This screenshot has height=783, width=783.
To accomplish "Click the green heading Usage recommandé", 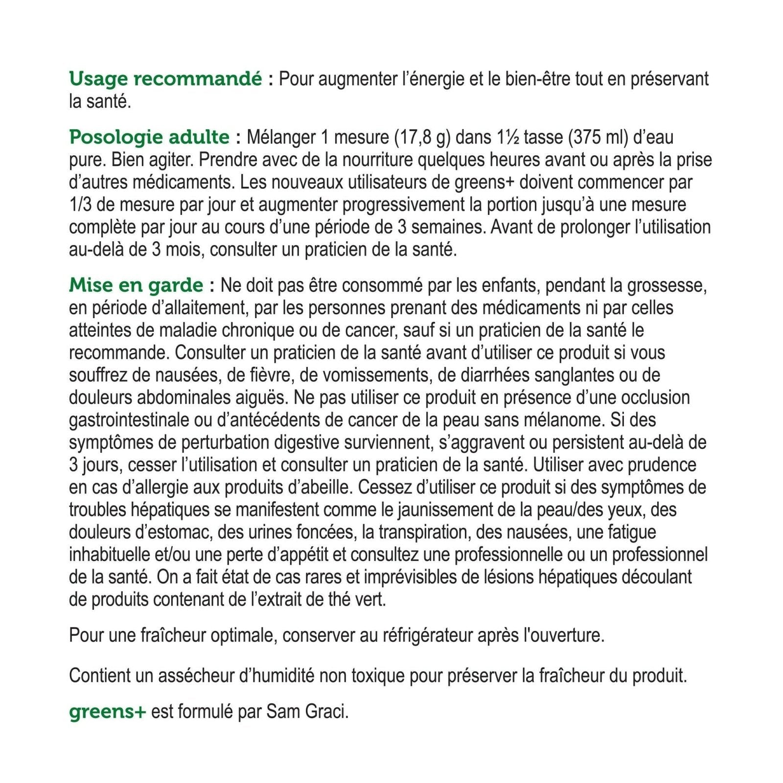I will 165,79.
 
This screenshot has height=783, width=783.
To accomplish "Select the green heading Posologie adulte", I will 149,138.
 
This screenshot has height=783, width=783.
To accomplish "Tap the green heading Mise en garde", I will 136,286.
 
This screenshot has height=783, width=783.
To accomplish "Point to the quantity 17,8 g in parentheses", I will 422,138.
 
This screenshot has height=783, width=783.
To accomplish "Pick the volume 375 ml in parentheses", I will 598,138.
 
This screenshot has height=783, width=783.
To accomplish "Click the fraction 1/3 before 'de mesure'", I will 79,205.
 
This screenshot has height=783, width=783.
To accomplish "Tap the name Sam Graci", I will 307,712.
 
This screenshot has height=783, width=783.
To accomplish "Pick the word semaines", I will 445,228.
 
